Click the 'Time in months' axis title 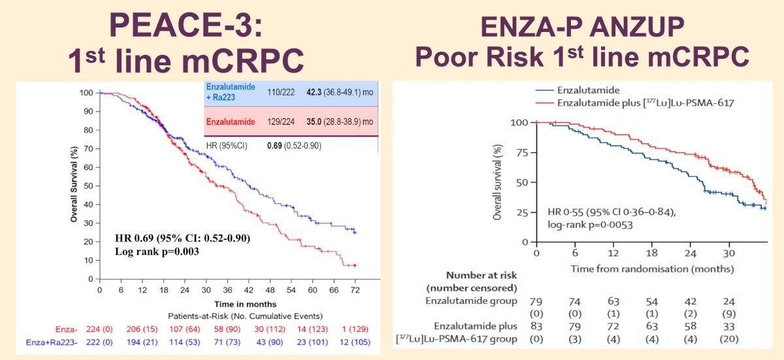pos(245,304)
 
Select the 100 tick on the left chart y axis pos(86,93)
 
